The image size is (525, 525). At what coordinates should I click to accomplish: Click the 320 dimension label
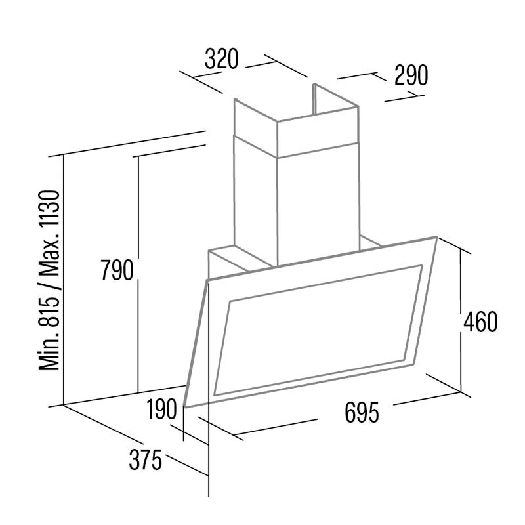[x=221, y=58]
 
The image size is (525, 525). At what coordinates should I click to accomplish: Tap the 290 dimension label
[x=411, y=75]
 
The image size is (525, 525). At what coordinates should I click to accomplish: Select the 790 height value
[x=117, y=270]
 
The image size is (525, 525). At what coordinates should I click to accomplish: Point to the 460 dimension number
[x=480, y=322]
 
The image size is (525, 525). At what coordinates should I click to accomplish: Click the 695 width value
[x=362, y=412]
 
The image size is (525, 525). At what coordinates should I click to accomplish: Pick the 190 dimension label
[x=161, y=409]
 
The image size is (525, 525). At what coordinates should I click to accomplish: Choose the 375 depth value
[x=145, y=460]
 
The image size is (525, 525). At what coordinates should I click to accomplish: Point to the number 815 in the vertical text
[x=49, y=310]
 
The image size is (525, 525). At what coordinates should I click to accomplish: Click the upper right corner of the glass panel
[x=436, y=237]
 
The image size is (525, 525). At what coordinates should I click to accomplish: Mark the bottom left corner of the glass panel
[x=185, y=407]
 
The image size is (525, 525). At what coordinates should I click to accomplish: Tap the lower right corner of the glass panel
[x=412, y=365]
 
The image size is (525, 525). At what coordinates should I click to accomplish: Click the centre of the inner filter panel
[x=318, y=330]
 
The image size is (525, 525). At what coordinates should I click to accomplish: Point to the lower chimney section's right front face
[x=318, y=204]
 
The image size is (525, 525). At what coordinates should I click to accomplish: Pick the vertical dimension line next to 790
[x=138, y=274]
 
